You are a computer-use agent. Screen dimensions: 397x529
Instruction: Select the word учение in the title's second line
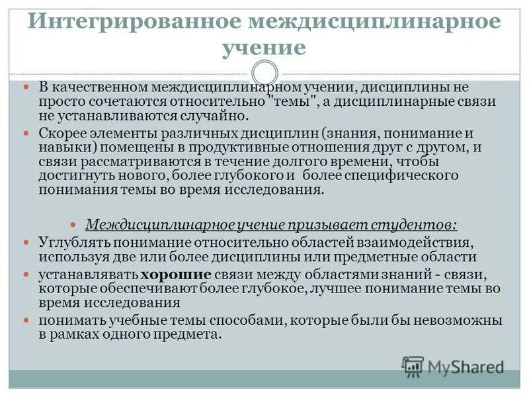(264, 48)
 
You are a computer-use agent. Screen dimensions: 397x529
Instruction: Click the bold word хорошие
(176, 275)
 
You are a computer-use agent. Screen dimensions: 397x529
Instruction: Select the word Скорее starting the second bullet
(61, 133)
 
